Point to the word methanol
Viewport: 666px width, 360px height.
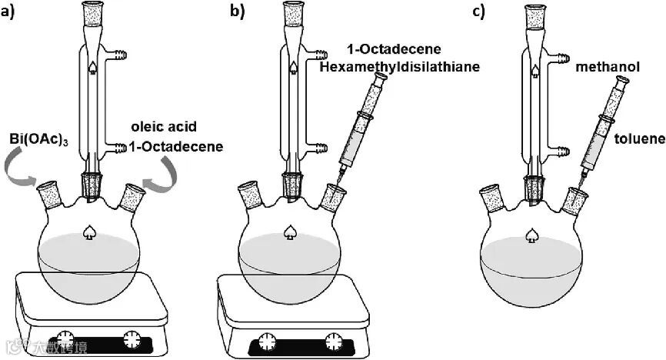click(x=608, y=68)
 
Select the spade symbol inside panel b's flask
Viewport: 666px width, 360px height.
click(x=291, y=231)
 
